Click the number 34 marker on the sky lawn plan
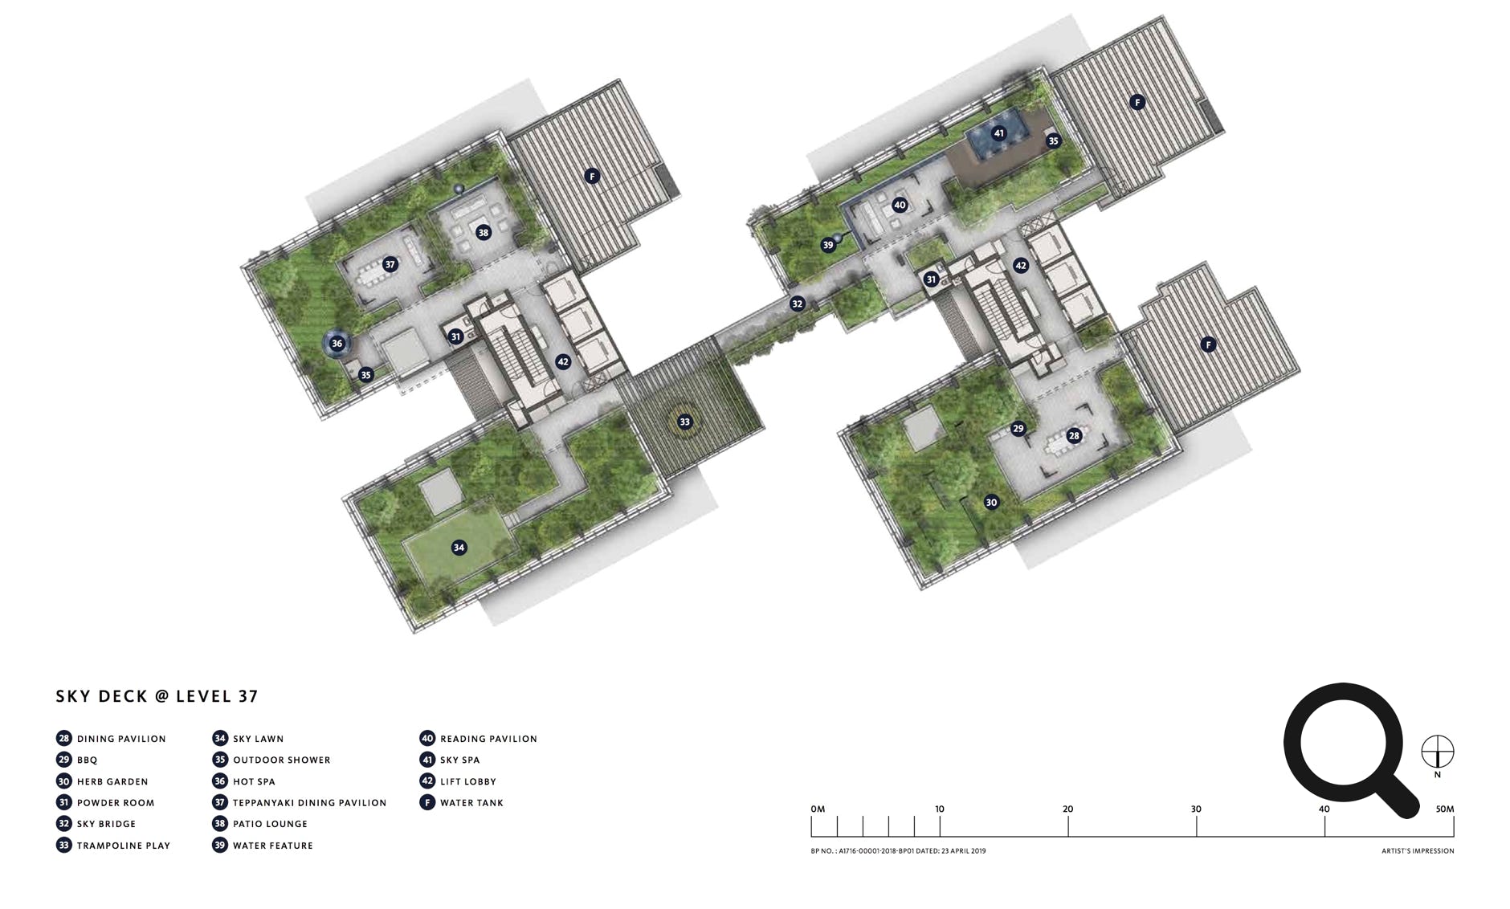459,548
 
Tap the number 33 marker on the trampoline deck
684,422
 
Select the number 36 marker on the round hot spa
337,344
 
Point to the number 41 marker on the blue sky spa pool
998,133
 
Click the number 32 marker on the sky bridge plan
797,304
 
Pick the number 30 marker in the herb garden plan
991,503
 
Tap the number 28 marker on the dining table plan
1074,436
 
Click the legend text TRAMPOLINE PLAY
124,846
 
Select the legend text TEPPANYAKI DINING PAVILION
309,803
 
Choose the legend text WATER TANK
471,803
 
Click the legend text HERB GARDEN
112,781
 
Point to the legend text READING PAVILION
488,739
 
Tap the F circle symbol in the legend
427,802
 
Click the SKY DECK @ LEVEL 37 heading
157,696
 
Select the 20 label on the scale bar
1067,809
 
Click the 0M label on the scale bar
818,809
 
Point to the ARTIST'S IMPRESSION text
1418,851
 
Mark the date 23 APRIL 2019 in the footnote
964,851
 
